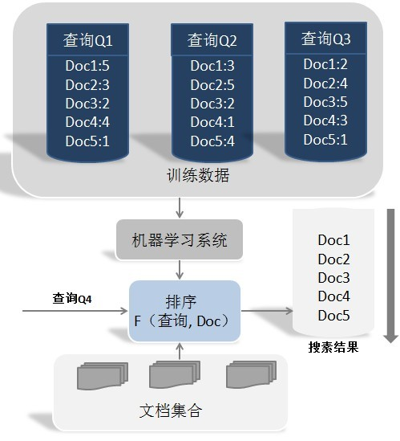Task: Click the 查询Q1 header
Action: (87, 40)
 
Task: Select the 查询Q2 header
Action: (212, 40)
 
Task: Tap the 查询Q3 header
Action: (325, 39)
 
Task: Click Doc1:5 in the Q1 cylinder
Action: (87, 67)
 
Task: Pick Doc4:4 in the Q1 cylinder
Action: (87, 122)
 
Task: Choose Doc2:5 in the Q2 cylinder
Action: (212, 85)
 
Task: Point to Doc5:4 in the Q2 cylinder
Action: (212, 141)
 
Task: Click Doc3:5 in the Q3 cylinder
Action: (325, 102)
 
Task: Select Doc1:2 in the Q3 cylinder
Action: (325, 64)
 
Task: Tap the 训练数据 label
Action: (198, 175)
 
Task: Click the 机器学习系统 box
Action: (180, 239)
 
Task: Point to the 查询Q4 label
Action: (72, 299)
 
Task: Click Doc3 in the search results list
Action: (333, 278)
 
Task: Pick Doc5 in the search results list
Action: (333, 316)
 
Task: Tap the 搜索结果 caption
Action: (333, 348)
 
